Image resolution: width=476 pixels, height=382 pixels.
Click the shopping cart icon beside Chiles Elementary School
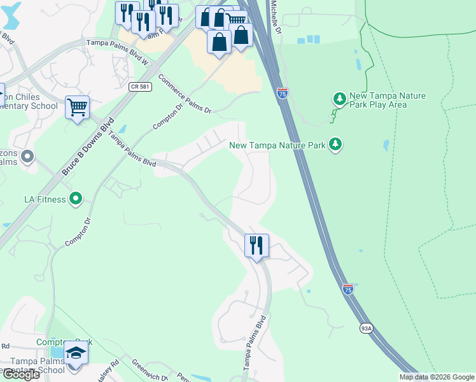pos(77,107)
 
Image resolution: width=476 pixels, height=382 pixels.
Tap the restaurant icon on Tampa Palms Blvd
pos(256,245)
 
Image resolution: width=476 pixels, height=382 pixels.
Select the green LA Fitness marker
pos(76,199)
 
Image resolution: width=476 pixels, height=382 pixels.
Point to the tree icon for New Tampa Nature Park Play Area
pos(340,99)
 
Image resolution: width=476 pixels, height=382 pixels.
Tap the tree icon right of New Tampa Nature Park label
pos(335,145)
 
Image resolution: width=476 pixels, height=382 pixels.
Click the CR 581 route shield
pos(139,87)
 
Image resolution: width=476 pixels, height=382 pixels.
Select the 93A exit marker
pos(366,329)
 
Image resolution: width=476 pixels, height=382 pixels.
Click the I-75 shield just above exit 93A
pos(347,289)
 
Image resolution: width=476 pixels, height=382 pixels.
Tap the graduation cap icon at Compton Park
pos(76,353)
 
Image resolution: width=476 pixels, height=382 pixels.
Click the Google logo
pos(20,374)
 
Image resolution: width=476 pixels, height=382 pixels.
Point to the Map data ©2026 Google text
pos(436,377)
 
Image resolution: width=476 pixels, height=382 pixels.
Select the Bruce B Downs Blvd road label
pos(88,146)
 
